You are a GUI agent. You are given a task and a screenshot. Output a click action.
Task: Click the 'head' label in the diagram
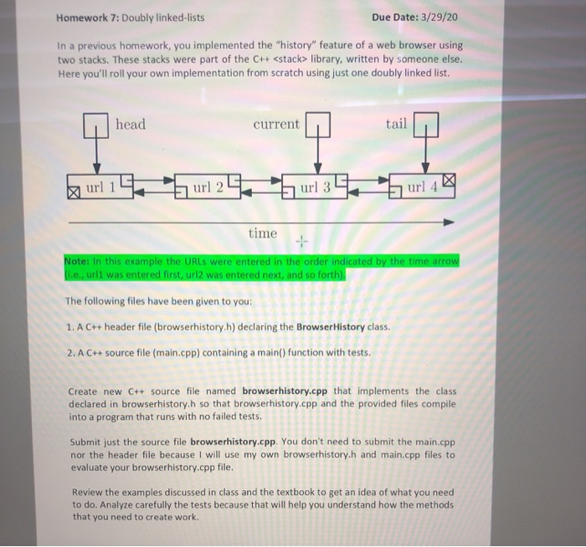coord(130,125)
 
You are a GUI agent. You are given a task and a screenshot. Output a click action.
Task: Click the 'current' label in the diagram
coord(275,125)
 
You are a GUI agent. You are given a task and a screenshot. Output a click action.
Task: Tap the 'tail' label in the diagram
coord(396,125)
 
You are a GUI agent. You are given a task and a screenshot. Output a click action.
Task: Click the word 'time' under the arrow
coord(263,233)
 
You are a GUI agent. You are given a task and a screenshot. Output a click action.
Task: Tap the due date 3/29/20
coord(439,17)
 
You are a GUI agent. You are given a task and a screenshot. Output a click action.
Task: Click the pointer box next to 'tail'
coord(425,126)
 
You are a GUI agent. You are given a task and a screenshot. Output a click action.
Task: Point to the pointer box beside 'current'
coord(318,126)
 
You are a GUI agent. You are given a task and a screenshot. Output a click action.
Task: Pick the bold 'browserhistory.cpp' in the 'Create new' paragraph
coord(285,391)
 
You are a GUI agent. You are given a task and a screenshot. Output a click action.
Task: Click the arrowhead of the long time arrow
coord(449,223)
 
